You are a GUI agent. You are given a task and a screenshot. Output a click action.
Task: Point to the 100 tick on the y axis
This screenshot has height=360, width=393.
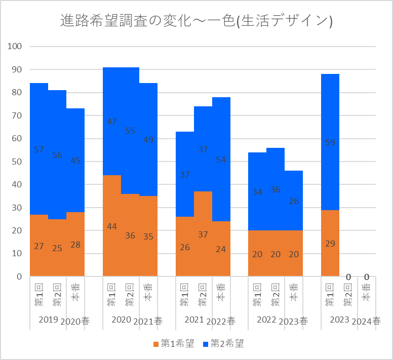(15, 47)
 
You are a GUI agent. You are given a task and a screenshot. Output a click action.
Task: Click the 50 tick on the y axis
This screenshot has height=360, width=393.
(16, 162)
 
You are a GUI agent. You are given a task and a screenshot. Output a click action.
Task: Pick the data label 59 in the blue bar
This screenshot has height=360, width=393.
(330, 143)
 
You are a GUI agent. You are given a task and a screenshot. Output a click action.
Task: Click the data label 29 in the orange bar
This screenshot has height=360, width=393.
(330, 244)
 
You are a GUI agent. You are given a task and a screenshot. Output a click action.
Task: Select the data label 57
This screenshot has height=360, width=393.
(39, 149)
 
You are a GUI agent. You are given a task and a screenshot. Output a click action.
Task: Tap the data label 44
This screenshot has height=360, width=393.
(112, 226)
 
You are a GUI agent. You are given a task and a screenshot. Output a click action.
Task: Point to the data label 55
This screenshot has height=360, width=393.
(130, 131)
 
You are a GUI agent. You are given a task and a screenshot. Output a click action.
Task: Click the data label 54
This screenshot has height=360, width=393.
(221, 160)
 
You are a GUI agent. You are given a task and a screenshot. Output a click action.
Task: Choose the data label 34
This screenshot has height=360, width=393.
(257, 192)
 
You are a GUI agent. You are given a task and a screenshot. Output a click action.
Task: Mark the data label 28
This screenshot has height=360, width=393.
(75, 245)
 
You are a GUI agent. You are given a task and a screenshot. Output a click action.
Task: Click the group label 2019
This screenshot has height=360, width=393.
(48, 320)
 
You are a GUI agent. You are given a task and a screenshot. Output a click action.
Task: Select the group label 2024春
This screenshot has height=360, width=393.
(366, 321)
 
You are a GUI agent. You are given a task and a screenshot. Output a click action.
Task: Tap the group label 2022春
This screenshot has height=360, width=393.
(221, 321)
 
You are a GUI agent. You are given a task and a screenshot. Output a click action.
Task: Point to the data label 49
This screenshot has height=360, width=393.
(148, 140)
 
